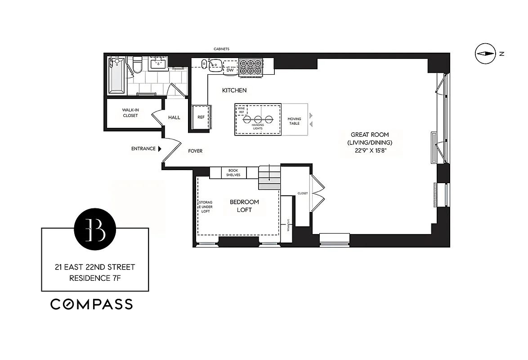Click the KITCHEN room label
pos(234,90)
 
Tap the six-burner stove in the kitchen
pos(251,67)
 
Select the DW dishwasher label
pos(230,70)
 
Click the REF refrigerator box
pos(201,117)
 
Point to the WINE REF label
pos(242,110)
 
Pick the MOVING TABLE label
pos(294,121)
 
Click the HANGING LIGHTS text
pos(258,126)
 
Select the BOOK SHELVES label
pos(233,173)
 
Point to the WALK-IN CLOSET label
pos(130,112)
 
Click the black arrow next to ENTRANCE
pos(159,149)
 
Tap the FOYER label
pos(195,151)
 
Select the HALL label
pos(174,117)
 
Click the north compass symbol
pos(485,54)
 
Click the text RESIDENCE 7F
pos(95,278)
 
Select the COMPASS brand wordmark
pos(91,304)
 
